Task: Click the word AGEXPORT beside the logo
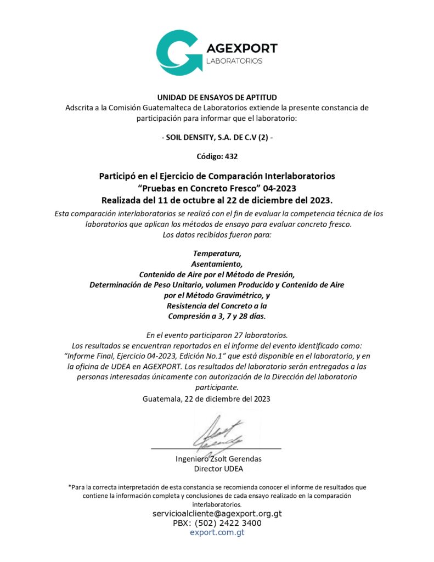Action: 241,48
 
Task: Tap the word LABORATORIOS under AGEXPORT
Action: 234,61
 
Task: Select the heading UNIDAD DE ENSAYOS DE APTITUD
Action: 217,98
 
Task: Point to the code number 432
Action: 231,156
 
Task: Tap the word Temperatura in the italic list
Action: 217,254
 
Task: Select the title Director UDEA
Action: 218,469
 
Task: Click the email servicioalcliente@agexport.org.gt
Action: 217,514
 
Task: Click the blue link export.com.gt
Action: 217,532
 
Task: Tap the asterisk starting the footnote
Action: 70,487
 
